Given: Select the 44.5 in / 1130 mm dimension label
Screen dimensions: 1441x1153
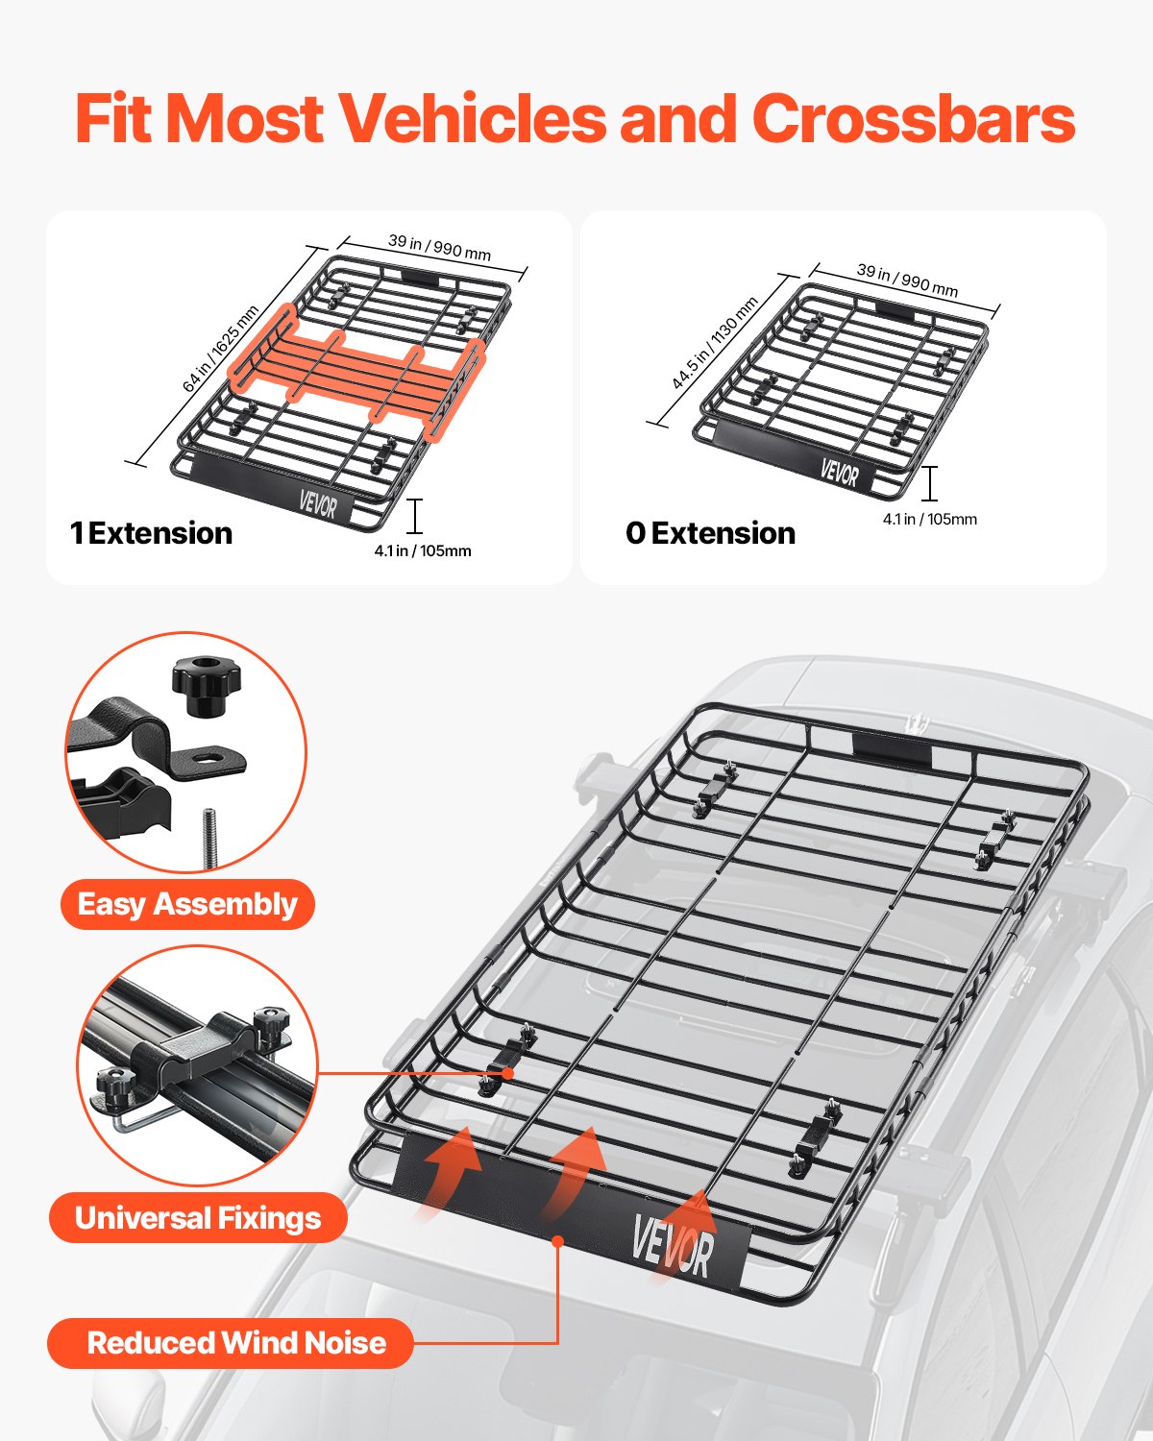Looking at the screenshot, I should coord(715,343).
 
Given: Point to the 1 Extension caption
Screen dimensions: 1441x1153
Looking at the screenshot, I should coord(152,533).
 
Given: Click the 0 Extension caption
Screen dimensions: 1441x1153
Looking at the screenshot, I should coord(710,533).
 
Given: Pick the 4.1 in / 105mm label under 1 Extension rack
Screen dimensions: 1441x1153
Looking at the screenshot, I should coord(423,550).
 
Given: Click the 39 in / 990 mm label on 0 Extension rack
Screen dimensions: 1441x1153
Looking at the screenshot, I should coord(907,280).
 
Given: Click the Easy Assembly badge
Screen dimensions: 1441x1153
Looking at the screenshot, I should coord(187,904).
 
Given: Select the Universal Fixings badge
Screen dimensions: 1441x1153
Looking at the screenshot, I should coord(198,1218).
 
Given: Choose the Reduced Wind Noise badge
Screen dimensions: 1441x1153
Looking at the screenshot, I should coord(231,1342).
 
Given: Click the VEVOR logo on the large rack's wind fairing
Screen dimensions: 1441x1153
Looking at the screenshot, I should coord(673,1245).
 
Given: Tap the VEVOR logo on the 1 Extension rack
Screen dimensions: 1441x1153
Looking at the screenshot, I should coord(317,502).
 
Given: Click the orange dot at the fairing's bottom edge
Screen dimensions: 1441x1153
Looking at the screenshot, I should coord(557,1241).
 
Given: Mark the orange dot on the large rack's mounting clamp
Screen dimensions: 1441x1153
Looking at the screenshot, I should coord(507,1073).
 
